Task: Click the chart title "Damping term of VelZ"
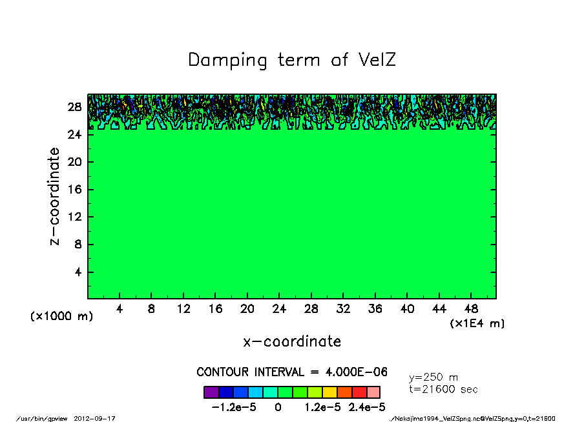click(292, 61)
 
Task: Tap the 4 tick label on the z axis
click(79, 272)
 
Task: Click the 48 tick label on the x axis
click(471, 309)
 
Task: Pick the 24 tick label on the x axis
click(279, 309)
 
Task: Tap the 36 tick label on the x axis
click(375, 309)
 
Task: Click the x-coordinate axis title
click(292, 341)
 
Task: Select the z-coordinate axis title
click(55, 196)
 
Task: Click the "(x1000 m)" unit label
click(62, 317)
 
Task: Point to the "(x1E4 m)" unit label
click(477, 323)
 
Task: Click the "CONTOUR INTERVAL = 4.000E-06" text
click(292, 372)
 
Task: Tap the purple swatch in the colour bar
click(211, 392)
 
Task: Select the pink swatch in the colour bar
click(373, 392)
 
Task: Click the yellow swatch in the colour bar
click(329, 392)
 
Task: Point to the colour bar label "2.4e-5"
click(367, 407)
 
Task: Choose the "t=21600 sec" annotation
click(444, 390)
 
